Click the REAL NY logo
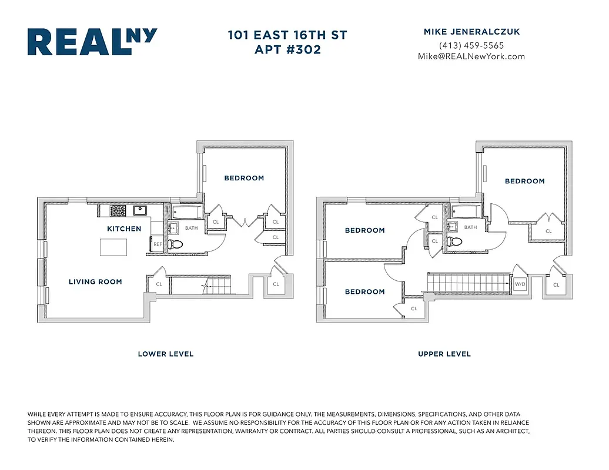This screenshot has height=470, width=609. click(x=92, y=42)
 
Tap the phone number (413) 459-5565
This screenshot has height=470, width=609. click(x=471, y=45)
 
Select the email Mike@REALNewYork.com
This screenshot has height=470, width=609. click(x=471, y=56)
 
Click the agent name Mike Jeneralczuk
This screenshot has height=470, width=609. click(x=471, y=32)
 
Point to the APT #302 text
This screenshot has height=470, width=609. click(x=287, y=50)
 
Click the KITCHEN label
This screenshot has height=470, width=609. click(x=124, y=229)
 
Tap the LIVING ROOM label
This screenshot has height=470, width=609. click(x=95, y=282)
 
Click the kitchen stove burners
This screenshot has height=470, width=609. click(x=118, y=210)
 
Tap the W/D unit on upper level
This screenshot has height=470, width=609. click(x=520, y=284)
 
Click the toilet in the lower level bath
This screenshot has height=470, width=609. click(x=175, y=244)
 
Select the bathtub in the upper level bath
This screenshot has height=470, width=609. click(x=468, y=211)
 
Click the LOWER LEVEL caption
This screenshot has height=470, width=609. click(x=165, y=354)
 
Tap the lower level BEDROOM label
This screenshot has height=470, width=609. click(x=244, y=178)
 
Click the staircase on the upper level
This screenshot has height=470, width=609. click(x=467, y=283)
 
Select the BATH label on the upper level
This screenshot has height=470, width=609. click(x=470, y=227)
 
